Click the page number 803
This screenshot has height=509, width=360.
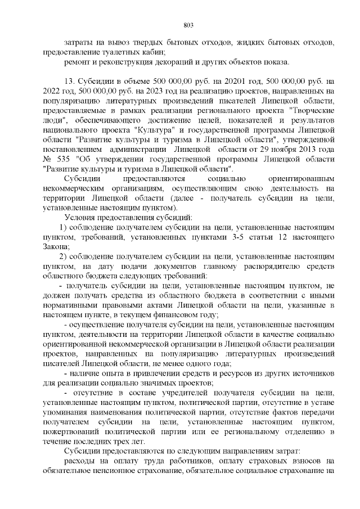[x=188, y=25]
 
